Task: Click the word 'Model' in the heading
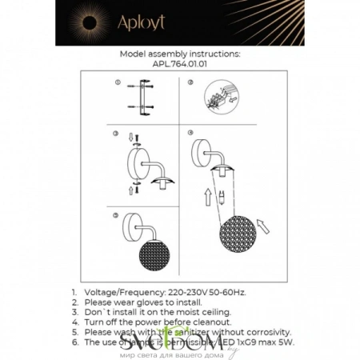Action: click(134, 54)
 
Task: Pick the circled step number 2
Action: click(190, 83)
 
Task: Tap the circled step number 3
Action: click(116, 133)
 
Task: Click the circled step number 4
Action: click(190, 133)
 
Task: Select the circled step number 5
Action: click(116, 214)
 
